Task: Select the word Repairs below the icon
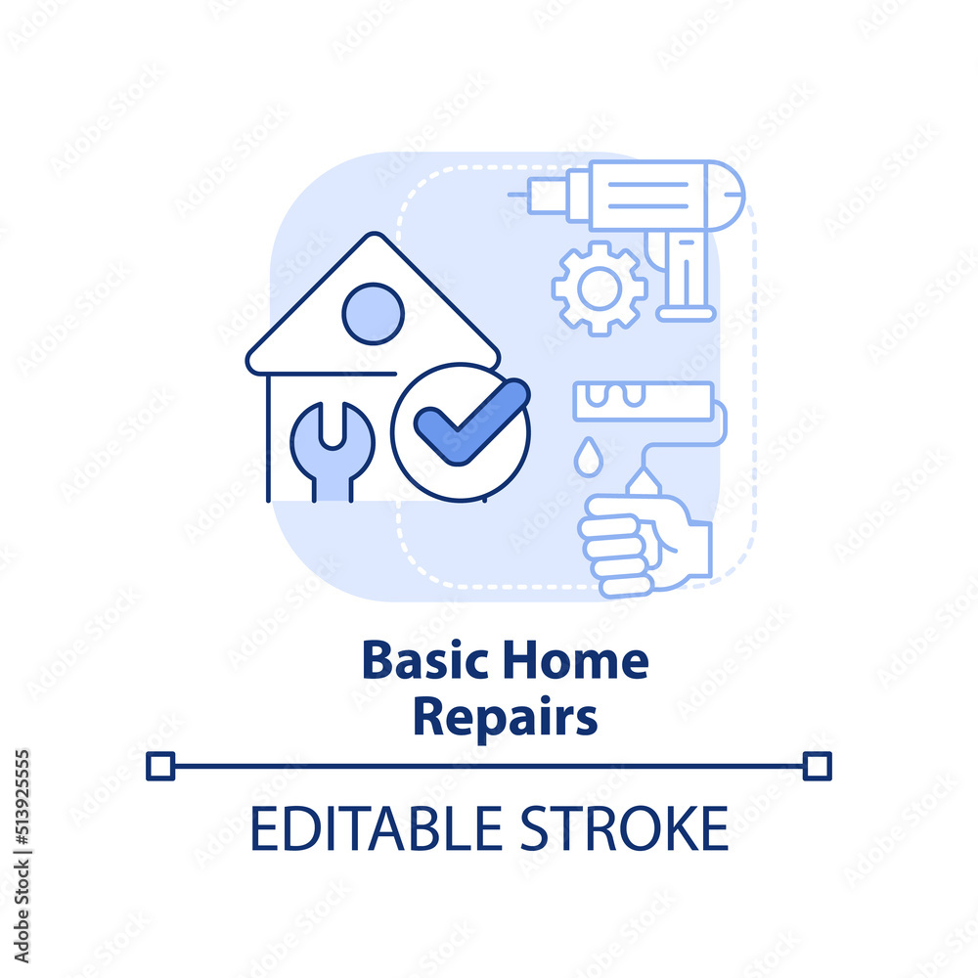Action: point(505,717)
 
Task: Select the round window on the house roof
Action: point(373,313)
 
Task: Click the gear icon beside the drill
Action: point(599,289)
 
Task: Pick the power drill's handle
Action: point(684,279)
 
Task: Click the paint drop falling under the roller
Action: point(587,458)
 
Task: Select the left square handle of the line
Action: point(160,766)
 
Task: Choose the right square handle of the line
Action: point(817,766)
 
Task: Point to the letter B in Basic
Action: point(374,662)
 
